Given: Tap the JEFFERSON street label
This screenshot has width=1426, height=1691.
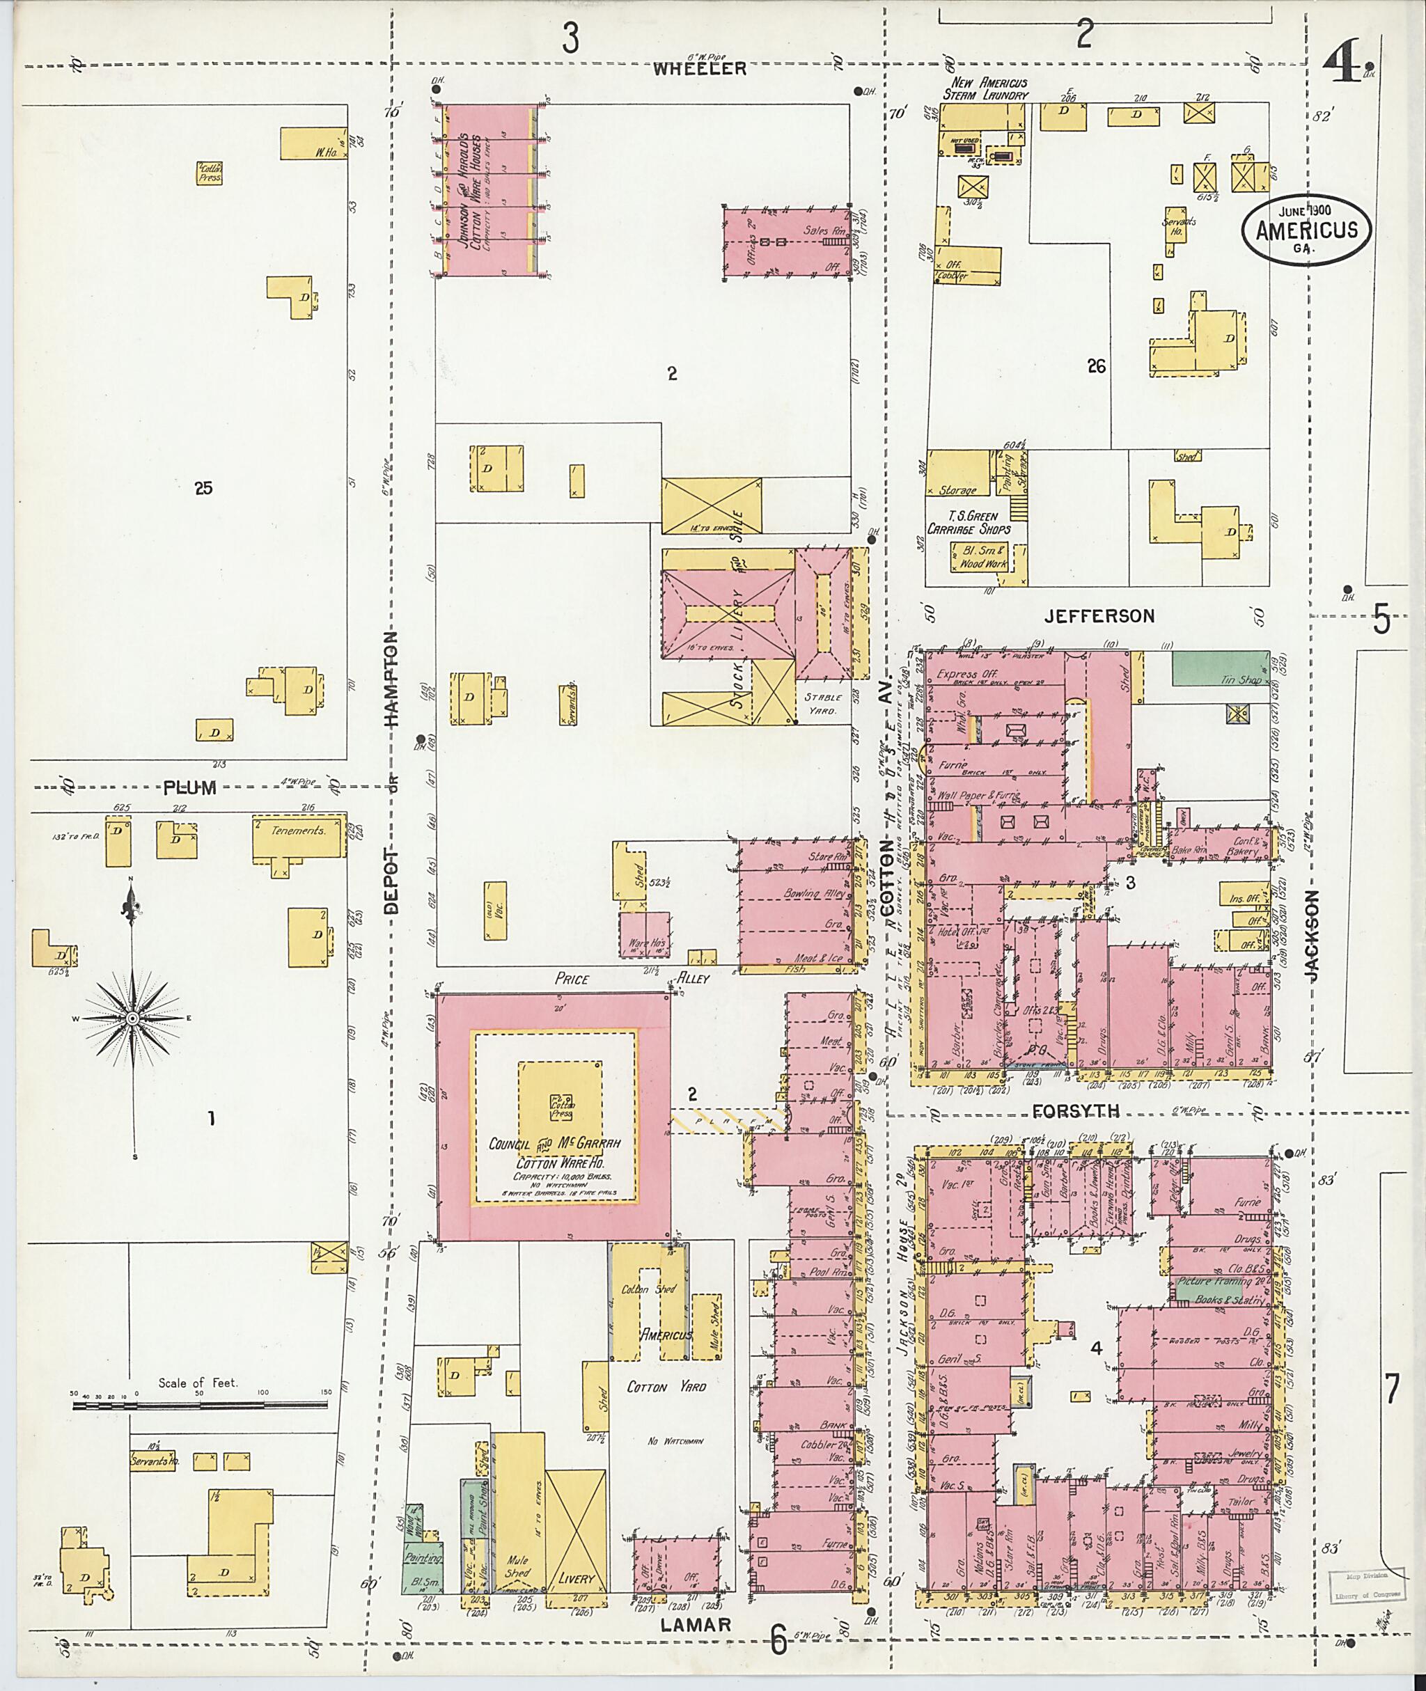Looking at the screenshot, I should pyautogui.click(x=1099, y=616).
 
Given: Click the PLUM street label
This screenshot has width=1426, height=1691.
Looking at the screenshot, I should pyautogui.click(x=190, y=787).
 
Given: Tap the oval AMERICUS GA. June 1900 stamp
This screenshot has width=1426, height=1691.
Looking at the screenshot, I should pyautogui.click(x=1306, y=230).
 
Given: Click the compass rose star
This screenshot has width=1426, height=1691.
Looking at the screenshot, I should pyautogui.click(x=132, y=1018).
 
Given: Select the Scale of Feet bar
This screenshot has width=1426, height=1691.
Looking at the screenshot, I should pyautogui.click(x=200, y=1405).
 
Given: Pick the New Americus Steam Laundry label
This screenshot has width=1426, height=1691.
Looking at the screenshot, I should pyautogui.click(x=989, y=89).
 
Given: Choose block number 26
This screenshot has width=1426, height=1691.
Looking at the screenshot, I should pyautogui.click(x=1096, y=366).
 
